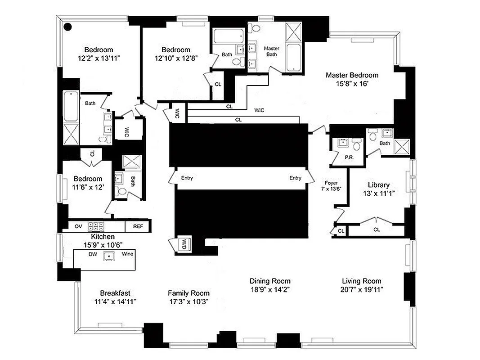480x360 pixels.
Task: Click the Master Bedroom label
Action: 352,75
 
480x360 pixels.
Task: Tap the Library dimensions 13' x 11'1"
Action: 378,193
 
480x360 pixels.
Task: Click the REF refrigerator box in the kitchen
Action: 138,226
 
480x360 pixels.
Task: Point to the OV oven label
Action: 78,226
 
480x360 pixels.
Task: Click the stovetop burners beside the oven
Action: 96,226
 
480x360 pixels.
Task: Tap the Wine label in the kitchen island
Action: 127,254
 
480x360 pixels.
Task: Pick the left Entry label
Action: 187,178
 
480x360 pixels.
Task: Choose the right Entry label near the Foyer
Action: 295,178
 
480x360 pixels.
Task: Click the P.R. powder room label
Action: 348,158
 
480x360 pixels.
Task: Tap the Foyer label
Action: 331,183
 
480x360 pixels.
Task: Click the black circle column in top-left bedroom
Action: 67,27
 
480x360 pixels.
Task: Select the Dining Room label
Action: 270,281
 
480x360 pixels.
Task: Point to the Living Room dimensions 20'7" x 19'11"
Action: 361,289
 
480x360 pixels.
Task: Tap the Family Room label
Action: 188,293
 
